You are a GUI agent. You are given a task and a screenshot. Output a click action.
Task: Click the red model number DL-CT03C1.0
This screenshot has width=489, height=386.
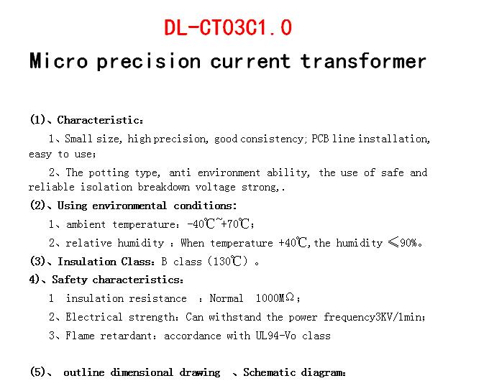[x=228, y=27]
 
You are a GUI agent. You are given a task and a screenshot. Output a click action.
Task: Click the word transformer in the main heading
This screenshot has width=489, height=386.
[x=363, y=61]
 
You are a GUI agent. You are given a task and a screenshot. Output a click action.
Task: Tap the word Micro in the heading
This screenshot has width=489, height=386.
[x=59, y=60]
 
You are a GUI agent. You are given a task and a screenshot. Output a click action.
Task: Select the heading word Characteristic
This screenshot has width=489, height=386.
[x=99, y=120]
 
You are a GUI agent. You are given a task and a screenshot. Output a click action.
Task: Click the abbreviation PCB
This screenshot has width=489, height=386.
[x=320, y=139]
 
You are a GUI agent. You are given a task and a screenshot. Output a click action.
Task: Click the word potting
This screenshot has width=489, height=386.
[x=109, y=173]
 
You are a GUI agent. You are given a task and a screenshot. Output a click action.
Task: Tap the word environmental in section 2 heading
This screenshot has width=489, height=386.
[x=129, y=206]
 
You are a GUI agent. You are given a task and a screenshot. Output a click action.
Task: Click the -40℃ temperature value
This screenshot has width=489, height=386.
[x=201, y=224]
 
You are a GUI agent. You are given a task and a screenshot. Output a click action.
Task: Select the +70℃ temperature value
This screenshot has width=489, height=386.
[x=236, y=224]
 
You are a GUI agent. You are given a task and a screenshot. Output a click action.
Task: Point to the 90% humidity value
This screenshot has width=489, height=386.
[x=408, y=242]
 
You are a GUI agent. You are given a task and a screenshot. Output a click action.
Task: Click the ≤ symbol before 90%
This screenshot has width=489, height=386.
[x=393, y=242]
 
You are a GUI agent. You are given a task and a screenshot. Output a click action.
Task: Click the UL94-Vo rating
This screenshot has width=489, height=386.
[x=275, y=336]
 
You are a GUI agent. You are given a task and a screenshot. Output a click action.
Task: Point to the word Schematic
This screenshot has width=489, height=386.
[x=270, y=372]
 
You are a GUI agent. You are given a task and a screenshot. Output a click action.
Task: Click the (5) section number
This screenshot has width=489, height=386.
[x=37, y=372]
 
